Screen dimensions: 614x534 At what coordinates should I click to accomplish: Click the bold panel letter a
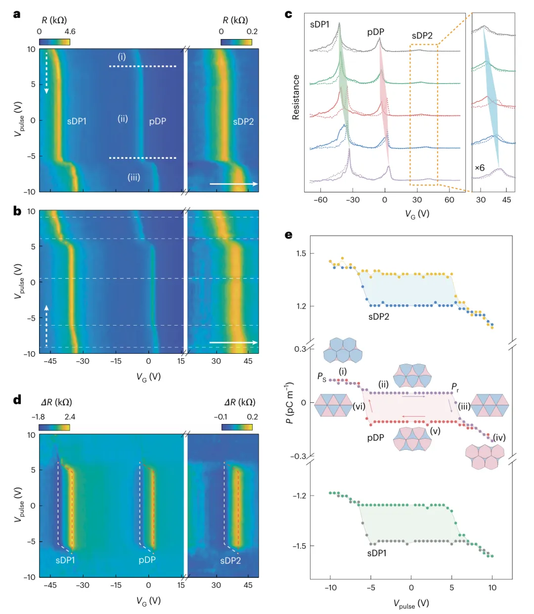pyautogui.click(x=17, y=14)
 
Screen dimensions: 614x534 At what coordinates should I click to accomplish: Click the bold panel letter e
pyautogui.click(x=289, y=235)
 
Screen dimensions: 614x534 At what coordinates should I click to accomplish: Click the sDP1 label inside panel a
pyautogui.click(x=77, y=121)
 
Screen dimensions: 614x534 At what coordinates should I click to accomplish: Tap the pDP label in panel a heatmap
pyautogui.click(x=157, y=121)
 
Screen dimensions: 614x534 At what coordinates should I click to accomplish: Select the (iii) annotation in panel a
pyautogui.click(x=133, y=177)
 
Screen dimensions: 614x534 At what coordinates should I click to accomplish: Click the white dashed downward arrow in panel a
pyautogui.click(x=46, y=72)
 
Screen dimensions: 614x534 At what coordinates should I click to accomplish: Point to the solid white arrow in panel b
pyautogui.click(x=233, y=342)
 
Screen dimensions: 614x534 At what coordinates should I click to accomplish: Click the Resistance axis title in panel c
pyautogui.click(x=296, y=97)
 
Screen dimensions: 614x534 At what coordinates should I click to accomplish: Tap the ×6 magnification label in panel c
pyautogui.click(x=480, y=168)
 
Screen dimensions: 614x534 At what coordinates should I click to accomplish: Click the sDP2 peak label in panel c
pyautogui.click(x=422, y=36)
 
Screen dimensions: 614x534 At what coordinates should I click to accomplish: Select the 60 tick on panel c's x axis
pyautogui.click(x=449, y=200)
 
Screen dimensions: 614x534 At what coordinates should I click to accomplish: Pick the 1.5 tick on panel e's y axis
pyautogui.click(x=301, y=253)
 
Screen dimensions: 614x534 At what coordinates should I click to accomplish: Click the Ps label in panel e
pyautogui.click(x=321, y=377)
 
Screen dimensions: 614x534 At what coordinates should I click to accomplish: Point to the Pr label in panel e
pyautogui.click(x=455, y=386)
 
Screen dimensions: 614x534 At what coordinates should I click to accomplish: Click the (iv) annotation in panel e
pyautogui.click(x=499, y=437)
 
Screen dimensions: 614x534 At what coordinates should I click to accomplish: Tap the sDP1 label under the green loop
pyautogui.click(x=377, y=553)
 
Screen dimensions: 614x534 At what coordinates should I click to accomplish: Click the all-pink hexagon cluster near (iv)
pyautogui.click(x=485, y=456)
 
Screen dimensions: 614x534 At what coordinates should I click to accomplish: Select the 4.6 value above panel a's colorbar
pyautogui.click(x=70, y=32)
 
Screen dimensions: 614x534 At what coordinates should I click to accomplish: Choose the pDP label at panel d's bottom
pyautogui.click(x=147, y=560)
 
